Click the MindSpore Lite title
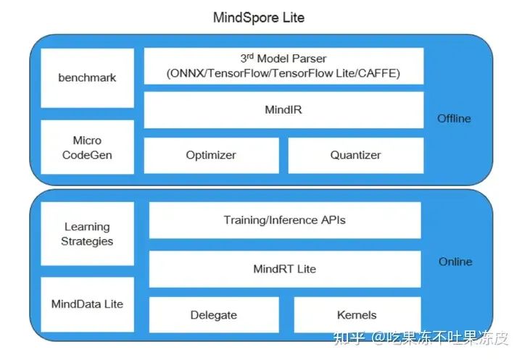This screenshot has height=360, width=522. [259, 17]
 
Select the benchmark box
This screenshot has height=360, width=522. [87, 78]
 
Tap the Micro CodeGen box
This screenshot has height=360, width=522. [87, 147]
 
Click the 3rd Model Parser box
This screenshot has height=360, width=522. [283, 66]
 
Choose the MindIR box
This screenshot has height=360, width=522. [283, 110]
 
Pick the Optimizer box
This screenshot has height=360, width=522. [211, 155]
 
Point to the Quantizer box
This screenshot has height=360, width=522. [355, 155]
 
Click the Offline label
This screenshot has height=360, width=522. [455, 118]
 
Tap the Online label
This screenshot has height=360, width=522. [455, 261]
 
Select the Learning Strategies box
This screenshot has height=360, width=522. [87, 234]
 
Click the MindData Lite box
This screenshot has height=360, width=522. [87, 304]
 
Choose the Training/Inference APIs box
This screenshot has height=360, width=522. [284, 220]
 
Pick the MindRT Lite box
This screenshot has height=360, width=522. [284, 269]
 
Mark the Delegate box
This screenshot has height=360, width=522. [214, 315]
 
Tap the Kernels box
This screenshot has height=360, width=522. [357, 315]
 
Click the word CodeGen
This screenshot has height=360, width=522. [87, 154]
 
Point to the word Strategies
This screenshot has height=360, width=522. [87, 241]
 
